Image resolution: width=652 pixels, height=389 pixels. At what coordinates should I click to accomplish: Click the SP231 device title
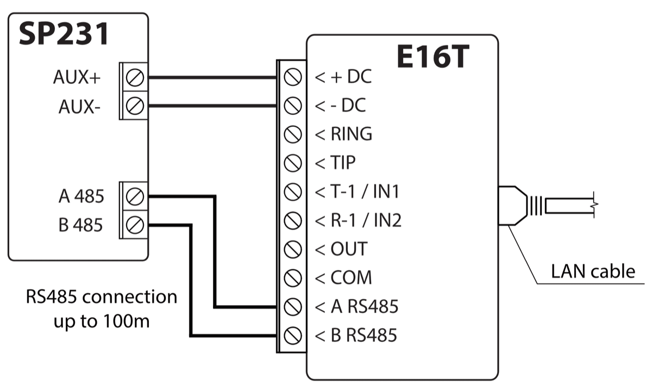(64, 35)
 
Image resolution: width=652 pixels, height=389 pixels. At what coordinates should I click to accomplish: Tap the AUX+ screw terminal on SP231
(134, 78)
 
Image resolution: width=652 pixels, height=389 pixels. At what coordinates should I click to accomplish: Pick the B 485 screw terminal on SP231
(134, 224)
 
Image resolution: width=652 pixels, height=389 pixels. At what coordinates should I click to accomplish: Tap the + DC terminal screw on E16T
(293, 77)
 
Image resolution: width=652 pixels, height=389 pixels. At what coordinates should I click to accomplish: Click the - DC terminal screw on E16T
(293, 105)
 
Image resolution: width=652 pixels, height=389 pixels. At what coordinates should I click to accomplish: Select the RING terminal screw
(293, 134)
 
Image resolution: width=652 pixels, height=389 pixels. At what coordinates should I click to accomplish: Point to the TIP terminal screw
(293, 162)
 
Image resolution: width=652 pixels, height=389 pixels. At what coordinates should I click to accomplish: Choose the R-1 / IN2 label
(365, 220)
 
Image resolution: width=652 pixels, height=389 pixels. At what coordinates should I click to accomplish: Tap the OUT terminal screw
(293, 249)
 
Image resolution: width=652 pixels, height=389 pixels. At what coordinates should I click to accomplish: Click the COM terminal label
(351, 278)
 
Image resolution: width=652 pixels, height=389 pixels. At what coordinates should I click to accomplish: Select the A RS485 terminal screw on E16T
(293, 306)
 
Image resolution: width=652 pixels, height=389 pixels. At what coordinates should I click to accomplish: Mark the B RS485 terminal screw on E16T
(293, 335)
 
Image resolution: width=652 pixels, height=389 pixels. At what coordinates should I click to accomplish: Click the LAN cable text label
(593, 270)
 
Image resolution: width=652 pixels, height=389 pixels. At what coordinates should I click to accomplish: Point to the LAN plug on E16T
(513, 206)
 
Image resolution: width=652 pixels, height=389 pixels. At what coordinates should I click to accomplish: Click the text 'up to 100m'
(102, 321)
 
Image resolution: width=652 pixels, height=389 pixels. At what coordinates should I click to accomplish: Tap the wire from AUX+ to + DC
(212, 78)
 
